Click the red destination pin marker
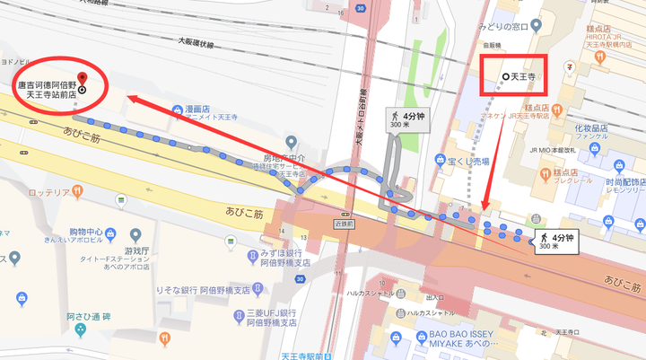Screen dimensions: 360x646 click(x=82, y=78)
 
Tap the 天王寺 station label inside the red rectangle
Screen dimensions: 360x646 click(x=521, y=78)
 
